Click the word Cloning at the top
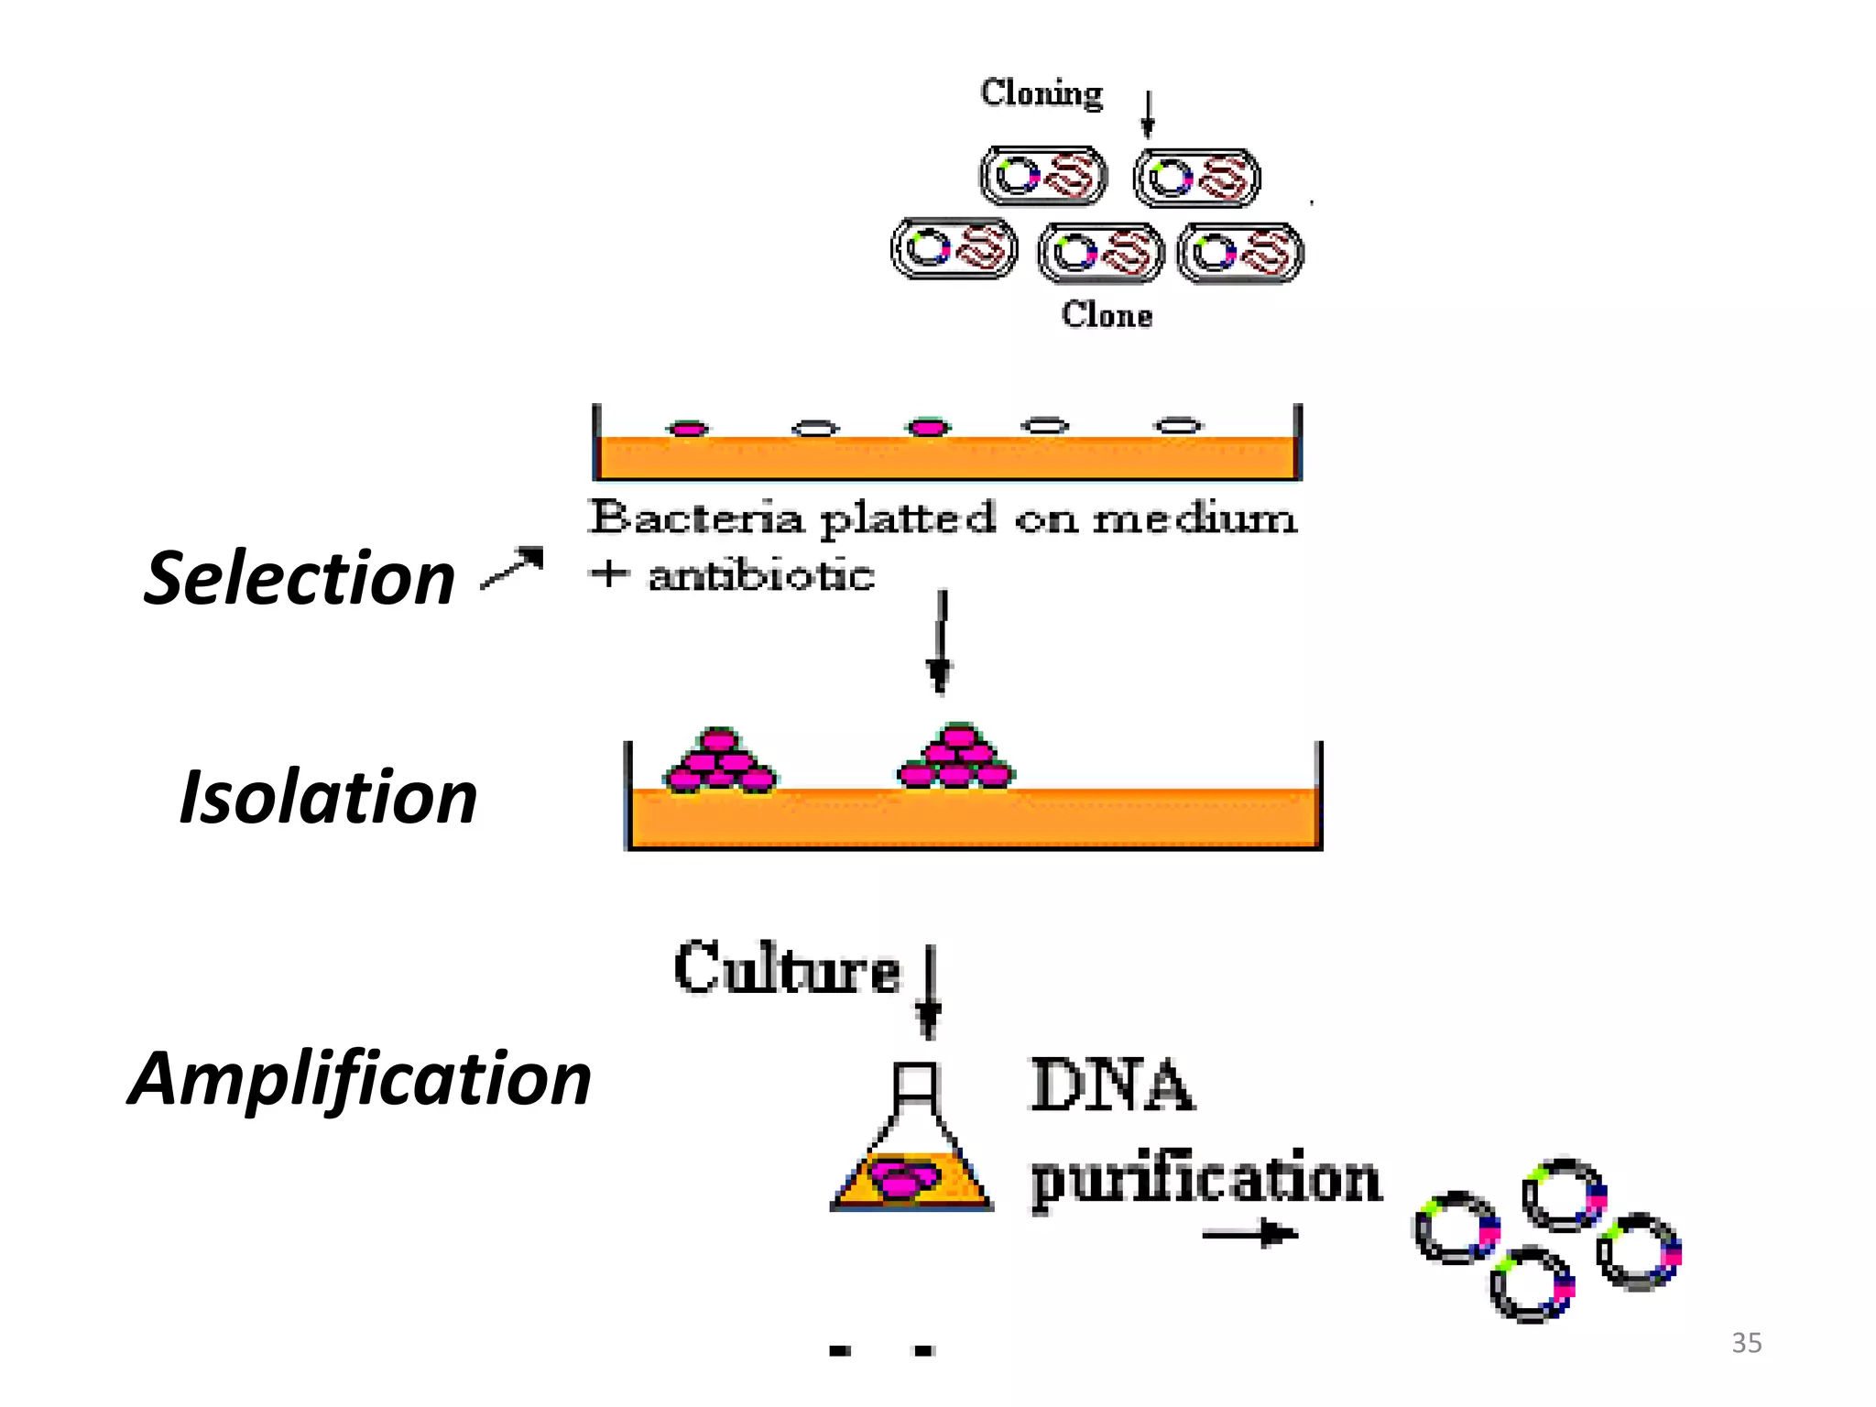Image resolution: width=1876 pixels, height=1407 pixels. (x=1042, y=93)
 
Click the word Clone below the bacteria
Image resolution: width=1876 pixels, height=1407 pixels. (x=1107, y=314)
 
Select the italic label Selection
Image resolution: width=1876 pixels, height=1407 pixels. (x=300, y=578)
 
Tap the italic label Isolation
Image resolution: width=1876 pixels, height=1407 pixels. (x=328, y=797)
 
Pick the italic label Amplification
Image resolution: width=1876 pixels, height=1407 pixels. (x=359, y=1079)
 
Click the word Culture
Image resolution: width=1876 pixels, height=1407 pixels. (x=787, y=969)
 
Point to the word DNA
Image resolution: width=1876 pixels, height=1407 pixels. (x=1112, y=1085)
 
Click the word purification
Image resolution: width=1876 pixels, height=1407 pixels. (x=1205, y=1179)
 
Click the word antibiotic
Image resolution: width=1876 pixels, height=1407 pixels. (x=761, y=576)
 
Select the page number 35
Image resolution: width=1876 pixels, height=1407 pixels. (x=1746, y=1343)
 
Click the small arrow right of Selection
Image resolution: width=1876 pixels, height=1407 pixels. (x=514, y=568)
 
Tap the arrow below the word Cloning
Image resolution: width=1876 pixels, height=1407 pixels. (x=1147, y=114)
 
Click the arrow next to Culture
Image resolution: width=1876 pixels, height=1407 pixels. (x=929, y=992)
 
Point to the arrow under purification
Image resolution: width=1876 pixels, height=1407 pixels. (x=1250, y=1235)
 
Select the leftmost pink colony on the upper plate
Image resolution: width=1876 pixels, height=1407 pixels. (x=688, y=428)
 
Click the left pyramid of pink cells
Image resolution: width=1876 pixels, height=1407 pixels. (x=720, y=762)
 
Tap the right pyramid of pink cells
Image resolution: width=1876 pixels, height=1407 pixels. (x=956, y=758)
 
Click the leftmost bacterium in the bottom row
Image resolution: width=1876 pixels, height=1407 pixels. (x=954, y=248)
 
